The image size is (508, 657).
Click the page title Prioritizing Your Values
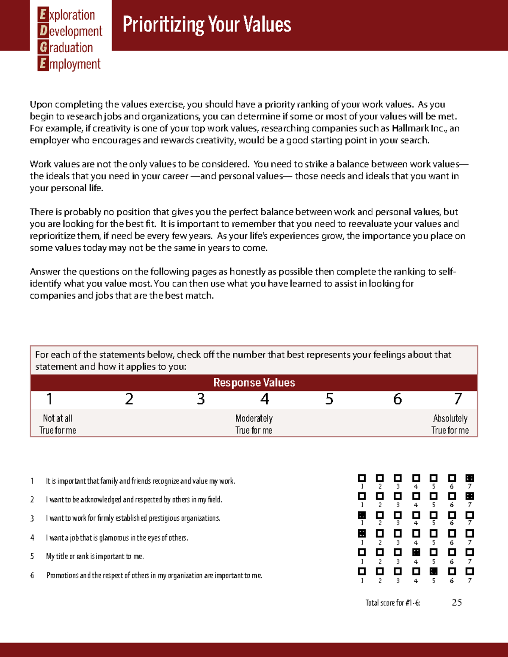coord(207,25)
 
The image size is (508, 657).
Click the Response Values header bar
coord(254,382)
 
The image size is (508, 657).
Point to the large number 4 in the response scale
coord(265,399)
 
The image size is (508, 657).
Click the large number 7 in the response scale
coord(458,399)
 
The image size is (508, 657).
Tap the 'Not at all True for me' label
coord(58,424)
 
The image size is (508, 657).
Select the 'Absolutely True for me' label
coord(450,424)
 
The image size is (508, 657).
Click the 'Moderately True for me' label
coord(254,424)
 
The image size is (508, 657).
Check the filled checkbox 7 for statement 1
coord(469,478)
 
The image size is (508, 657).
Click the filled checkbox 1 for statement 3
coord(362,515)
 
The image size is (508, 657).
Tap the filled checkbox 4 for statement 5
coord(416,552)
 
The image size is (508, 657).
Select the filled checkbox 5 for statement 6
coord(433,571)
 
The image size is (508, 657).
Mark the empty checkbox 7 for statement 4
coord(469,533)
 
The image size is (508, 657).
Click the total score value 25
coord(457,602)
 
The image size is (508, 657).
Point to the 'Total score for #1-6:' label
coord(392,603)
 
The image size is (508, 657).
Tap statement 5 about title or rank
coord(95,556)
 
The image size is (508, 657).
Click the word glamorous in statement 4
coord(114,538)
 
